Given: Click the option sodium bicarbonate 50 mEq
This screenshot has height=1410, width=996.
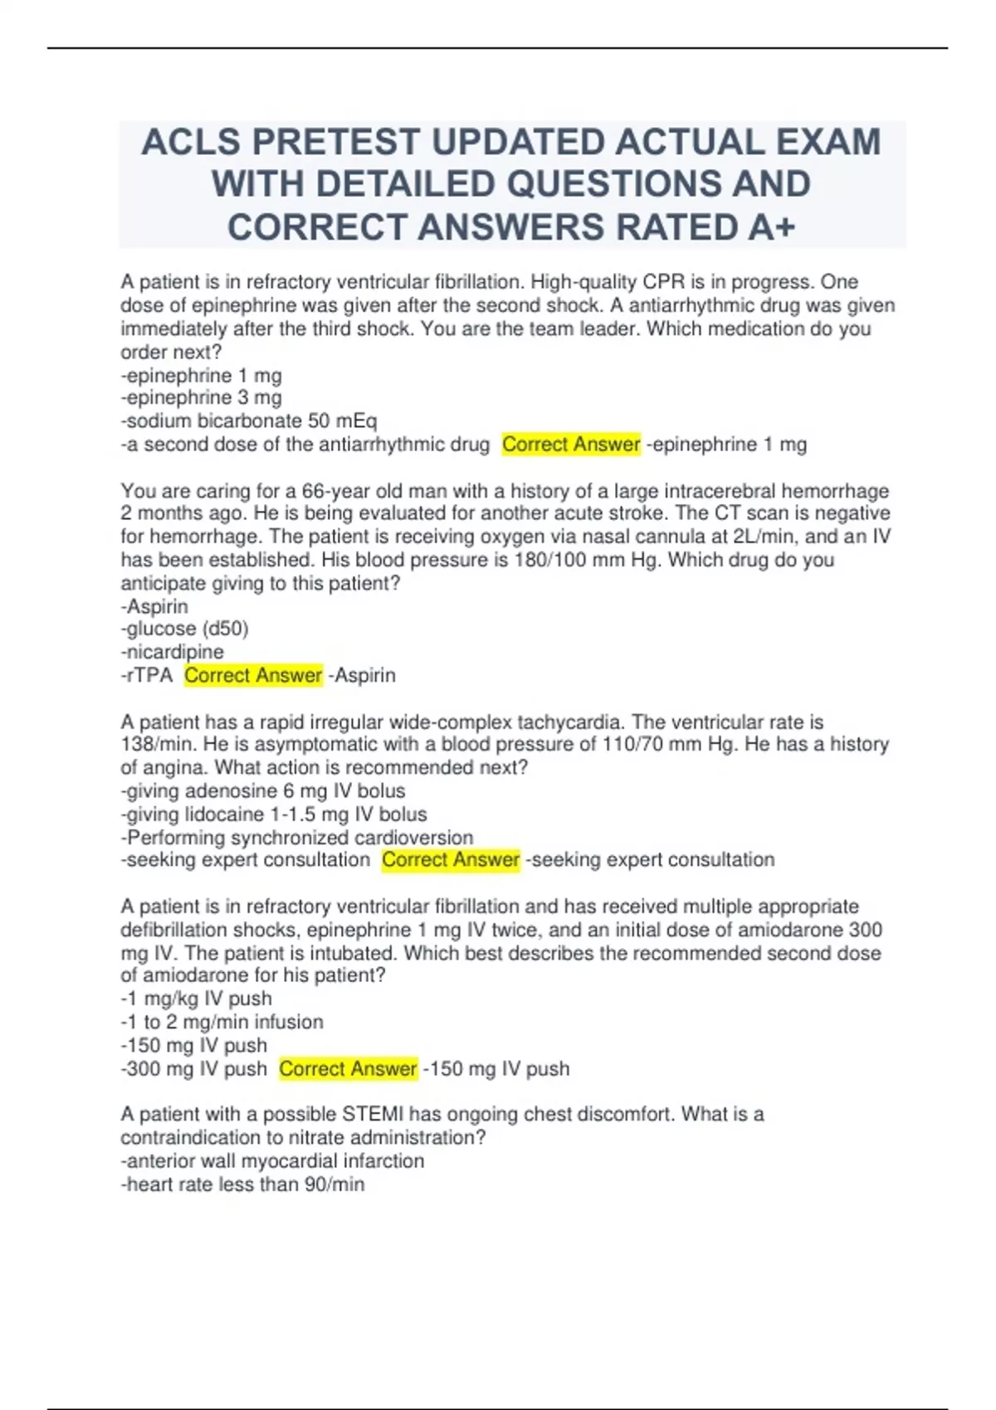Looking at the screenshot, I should tap(249, 421).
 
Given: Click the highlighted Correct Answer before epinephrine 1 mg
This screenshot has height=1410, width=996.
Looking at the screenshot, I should tap(571, 445).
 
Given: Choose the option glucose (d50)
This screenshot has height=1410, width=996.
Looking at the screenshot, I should tap(185, 629).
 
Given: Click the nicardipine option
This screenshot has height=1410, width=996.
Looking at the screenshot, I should tap(173, 652).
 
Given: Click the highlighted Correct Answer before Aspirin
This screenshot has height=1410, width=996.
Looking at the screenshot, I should tap(253, 675).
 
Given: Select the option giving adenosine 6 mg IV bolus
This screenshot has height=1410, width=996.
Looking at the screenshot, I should tap(263, 791).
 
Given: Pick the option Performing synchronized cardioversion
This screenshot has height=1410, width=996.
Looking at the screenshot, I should tap(297, 838).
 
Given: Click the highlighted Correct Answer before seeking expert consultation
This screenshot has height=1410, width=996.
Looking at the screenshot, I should tap(451, 860).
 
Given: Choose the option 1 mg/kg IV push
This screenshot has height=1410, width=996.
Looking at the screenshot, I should tap(197, 999).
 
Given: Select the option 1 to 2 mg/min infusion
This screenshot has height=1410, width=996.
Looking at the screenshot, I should tap(222, 1022).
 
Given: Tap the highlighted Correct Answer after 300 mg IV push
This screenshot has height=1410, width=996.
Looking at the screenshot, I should tap(348, 1068).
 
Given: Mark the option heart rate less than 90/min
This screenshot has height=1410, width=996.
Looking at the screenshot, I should tap(243, 1184).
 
